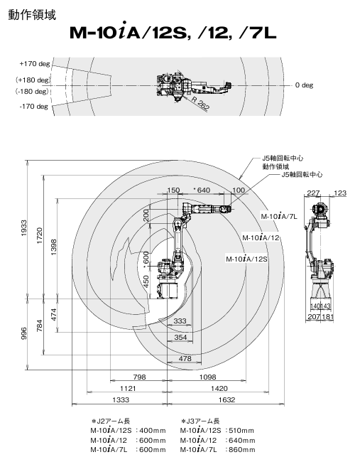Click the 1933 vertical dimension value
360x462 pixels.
(x=24, y=227)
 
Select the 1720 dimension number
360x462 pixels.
(x=40, y=235)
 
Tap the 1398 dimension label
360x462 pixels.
(x=53, y=247)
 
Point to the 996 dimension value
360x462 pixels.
(x=24, y=333)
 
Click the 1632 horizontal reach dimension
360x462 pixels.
(x=227, y=399)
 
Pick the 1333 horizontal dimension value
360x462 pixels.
(x=121, y=399)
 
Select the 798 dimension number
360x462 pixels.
(x=139, y=377)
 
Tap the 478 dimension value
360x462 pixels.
(x=185, y=358)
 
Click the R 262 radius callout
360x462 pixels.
(x=200, y=104)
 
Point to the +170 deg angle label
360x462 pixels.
(x=35, y=64)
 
